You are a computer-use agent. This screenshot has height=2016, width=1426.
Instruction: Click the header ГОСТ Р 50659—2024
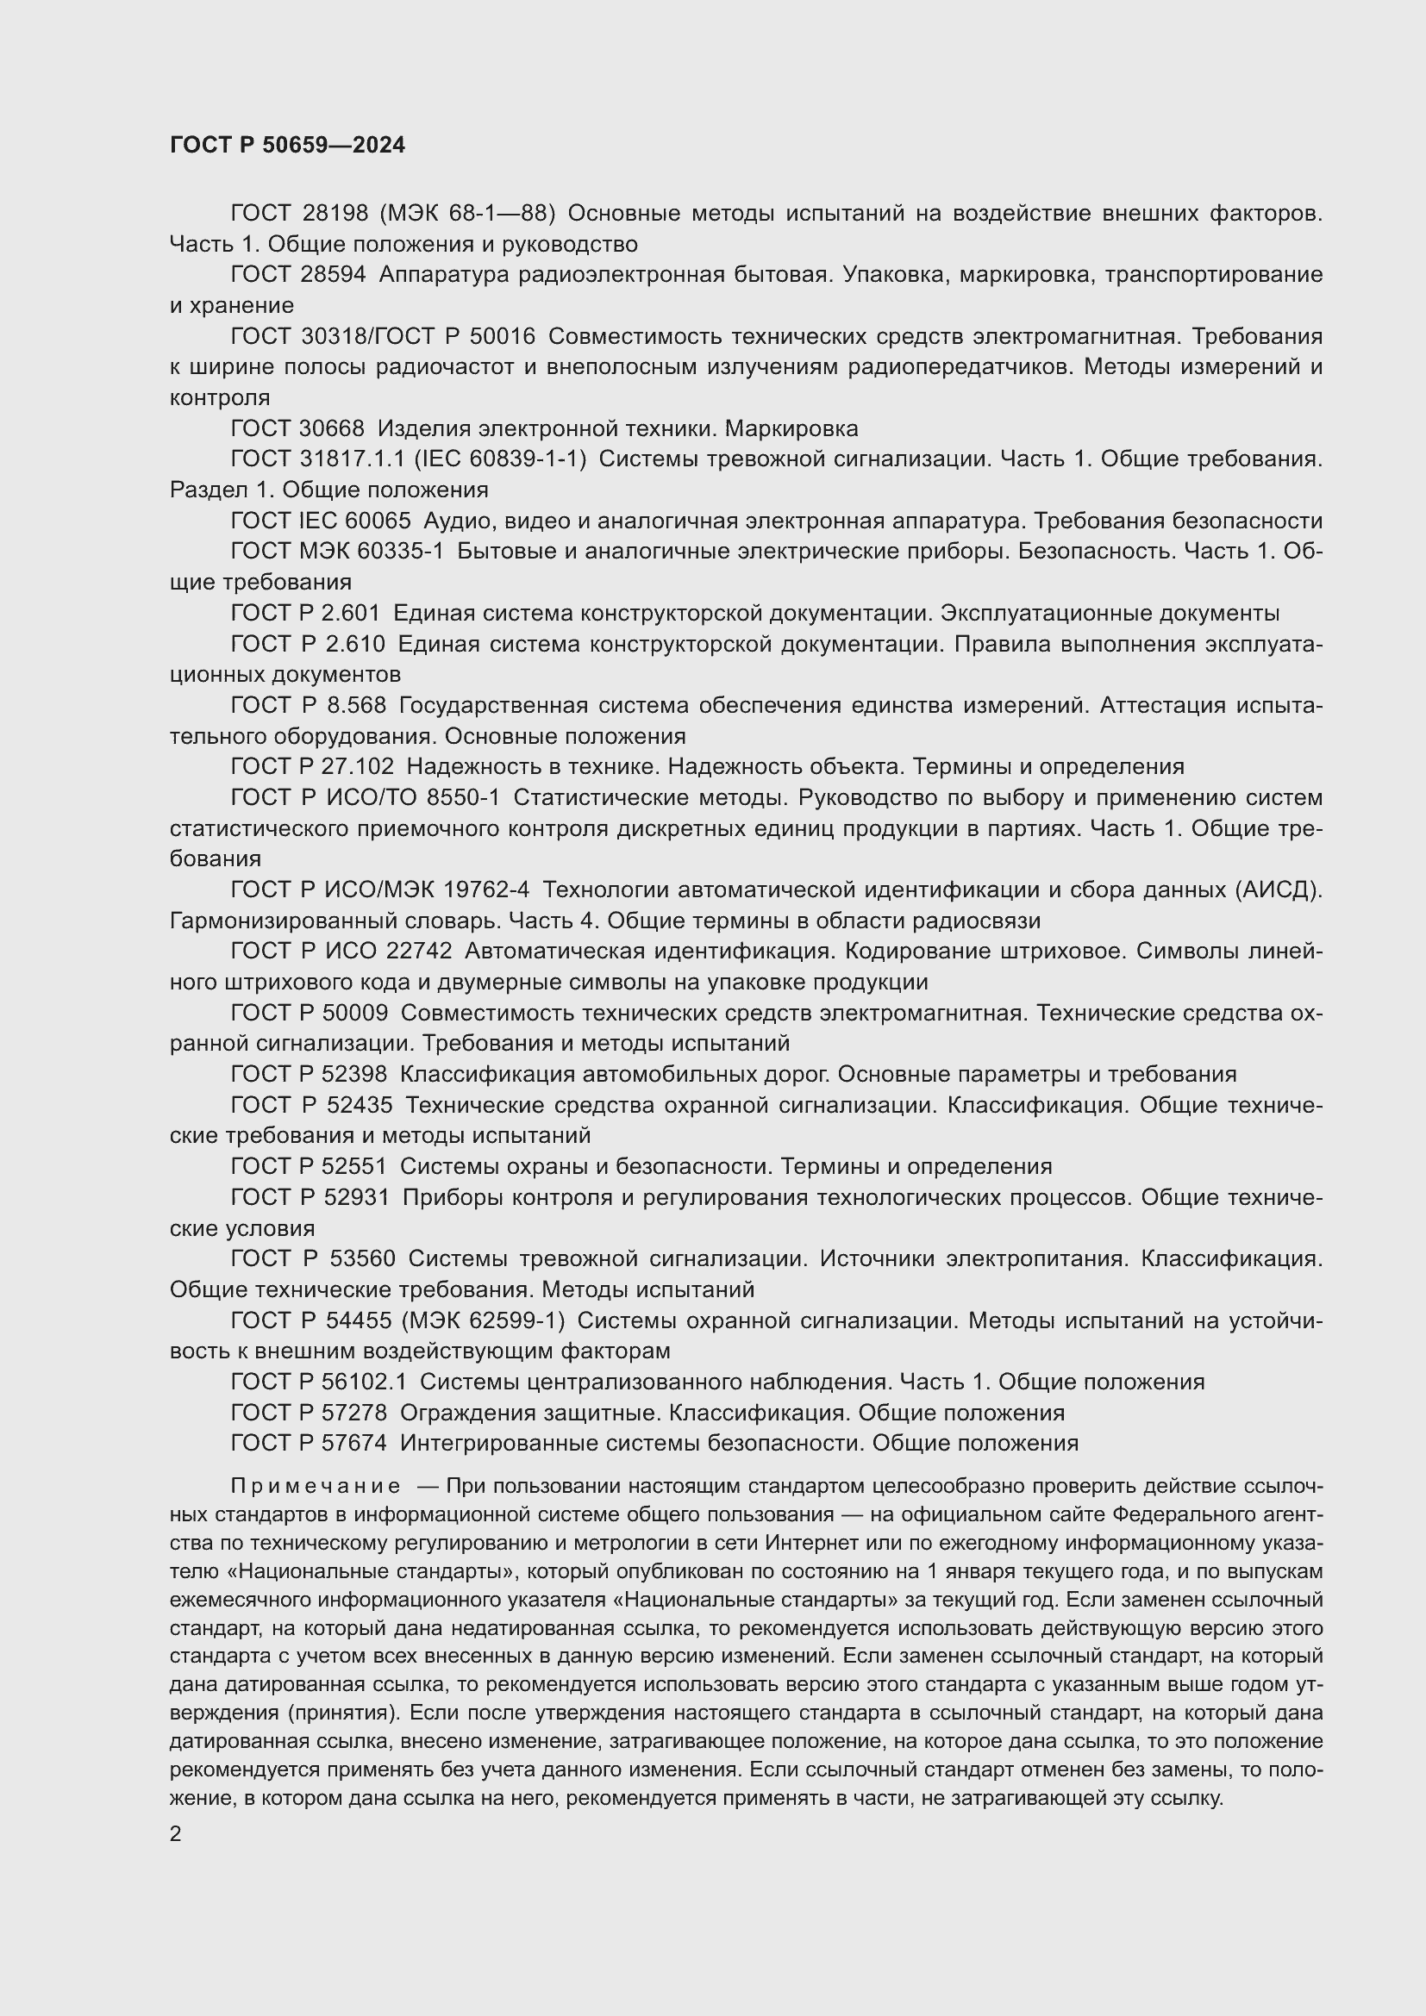click(x=287, y=146)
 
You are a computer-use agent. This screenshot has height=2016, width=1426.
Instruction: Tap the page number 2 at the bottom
click(x=176, y=1834)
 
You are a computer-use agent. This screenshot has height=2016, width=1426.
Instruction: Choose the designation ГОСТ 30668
click(x=297, y=428)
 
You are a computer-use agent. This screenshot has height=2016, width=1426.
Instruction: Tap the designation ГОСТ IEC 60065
click(x=321, y=521)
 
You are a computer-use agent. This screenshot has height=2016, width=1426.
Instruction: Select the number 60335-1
click(x=400, y=552)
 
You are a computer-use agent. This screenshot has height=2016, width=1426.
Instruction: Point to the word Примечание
click(x=316, y=1487)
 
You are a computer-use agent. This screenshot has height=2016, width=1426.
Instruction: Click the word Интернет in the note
click(x=804, y=1543)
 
